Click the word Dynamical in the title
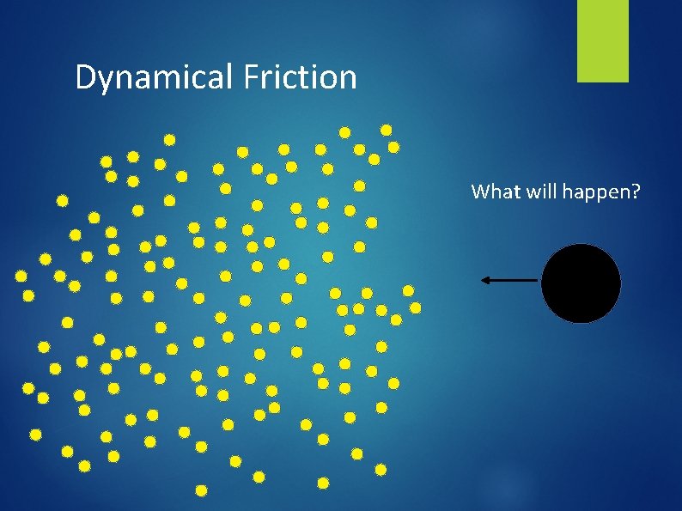pos(154,78)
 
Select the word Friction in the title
pos(300,77)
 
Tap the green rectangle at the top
pos(602,40)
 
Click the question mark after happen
pos(636,192)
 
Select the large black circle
pos(581,283)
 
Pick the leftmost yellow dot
pos(21,277)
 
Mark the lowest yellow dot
pos(201,490)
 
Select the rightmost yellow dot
pos(415,307)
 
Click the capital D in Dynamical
pos(85,77)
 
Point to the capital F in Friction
pos(252,77)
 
